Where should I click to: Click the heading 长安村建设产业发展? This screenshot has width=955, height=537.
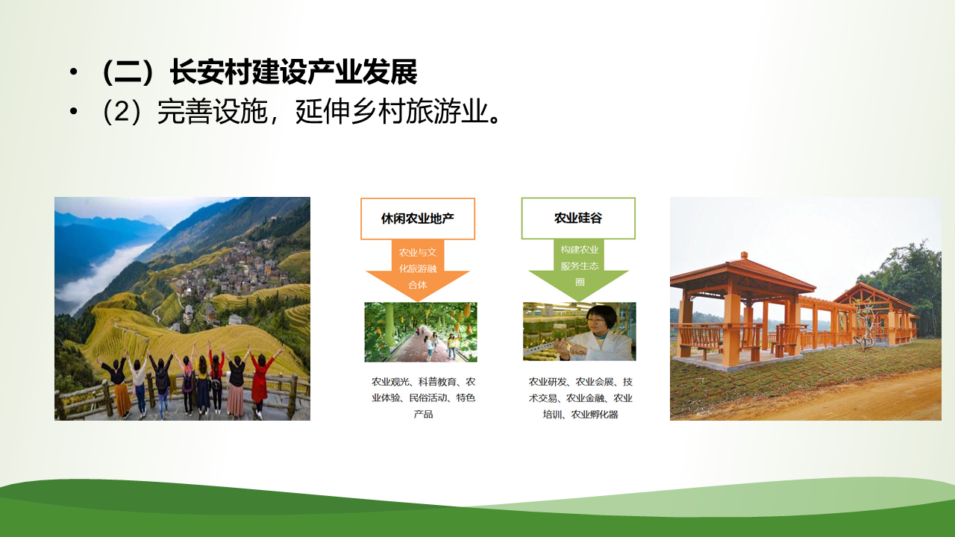[x=293, y=72]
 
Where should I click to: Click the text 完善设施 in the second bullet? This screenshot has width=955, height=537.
[x=213, y=112]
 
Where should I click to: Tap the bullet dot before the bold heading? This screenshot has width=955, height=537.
[x=73, y=72]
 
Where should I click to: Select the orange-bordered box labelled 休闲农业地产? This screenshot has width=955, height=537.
[x=418, y=219]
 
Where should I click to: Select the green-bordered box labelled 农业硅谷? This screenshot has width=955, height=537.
[x=578, y=219]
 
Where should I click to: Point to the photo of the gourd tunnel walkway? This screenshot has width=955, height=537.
[x=421, y=332]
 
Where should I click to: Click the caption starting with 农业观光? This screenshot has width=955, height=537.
[x=423, y=398]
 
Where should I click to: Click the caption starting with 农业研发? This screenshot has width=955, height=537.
[x=580, y=398]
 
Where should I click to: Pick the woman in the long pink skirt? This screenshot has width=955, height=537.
[x=236, y=383]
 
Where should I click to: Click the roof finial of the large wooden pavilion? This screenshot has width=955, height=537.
[x=744, y=256]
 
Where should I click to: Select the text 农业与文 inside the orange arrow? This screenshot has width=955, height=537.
[x=418, y=252]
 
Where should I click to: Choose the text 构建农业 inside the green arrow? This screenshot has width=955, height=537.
[x=580, y=249]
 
